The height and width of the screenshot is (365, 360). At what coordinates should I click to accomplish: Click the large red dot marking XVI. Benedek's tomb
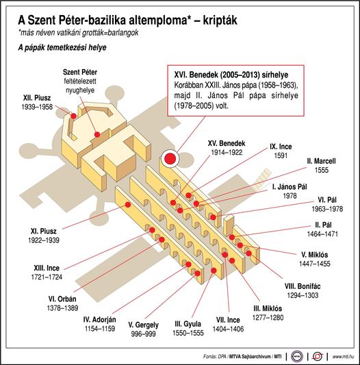(x=170, y=158)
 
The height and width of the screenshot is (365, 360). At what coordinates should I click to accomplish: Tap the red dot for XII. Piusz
(x=73, y=116)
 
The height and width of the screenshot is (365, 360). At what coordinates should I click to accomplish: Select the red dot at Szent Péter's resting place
(x=97, y=134)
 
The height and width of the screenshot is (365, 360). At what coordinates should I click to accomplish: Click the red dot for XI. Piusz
(x=128, y=205)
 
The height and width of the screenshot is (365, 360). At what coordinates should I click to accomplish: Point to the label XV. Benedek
(x=227, y=143)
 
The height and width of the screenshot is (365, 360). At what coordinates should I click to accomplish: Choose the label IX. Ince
(x=281, y=147)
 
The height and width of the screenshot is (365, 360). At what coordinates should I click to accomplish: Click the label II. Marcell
(x=321, y=161)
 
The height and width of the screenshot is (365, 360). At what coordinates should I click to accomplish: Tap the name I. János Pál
(x=290, y=187)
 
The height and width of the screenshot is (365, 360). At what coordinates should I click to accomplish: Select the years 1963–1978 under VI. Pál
(x=327, y=209)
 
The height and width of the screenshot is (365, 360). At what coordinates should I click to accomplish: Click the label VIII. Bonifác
(x=303, y=286)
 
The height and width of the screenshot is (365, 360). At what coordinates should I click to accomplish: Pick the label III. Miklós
(x=268, y=308)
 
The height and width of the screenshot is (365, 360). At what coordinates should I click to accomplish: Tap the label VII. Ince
(x=228, y=320)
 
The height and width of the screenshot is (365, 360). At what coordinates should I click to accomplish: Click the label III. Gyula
(x=188, y=324)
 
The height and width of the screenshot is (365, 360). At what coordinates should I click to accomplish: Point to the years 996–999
(x=143, y=334)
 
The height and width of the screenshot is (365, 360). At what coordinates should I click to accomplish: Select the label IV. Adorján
(x=100, y=319)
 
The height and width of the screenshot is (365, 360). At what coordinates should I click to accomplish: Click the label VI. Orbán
(x=62, y=299)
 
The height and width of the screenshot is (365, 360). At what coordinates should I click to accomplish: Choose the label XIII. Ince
(x=47, y=268)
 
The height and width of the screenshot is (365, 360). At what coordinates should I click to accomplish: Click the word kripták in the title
(x=220, y=21)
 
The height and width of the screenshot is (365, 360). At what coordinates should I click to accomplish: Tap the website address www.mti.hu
(x=344, y=356)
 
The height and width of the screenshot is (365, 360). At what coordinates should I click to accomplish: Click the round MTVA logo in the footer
(x=297, y=356)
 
